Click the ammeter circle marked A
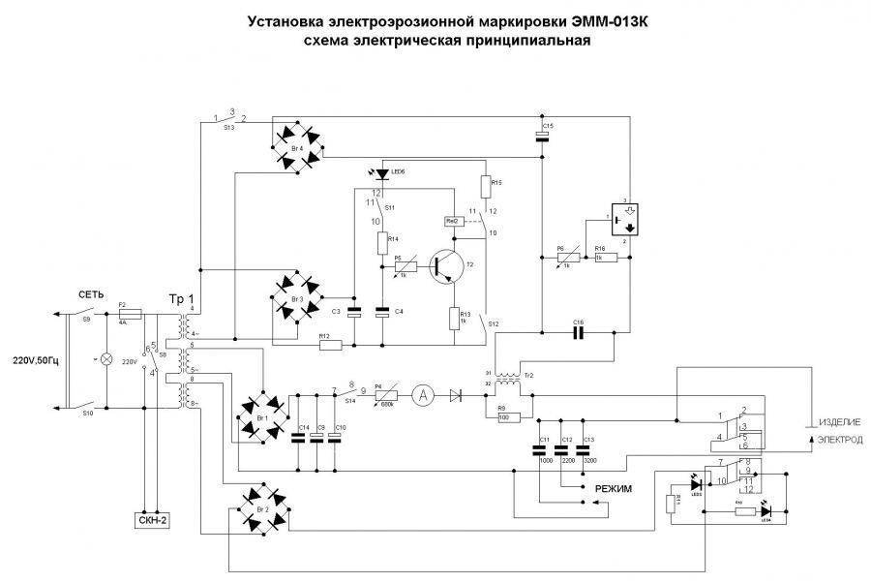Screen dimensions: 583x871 click(x=421, y=394)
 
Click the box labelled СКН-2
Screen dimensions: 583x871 click(x=152, y=521)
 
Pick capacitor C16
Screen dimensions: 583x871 click(x=579, y=332)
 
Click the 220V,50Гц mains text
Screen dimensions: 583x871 click(x=35, y=361)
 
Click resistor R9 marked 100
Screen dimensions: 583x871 click(x=506, y=417)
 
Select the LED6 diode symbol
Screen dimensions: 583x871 click(x=383, y=174)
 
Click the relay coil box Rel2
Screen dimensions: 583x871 click(x=452, y=221)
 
